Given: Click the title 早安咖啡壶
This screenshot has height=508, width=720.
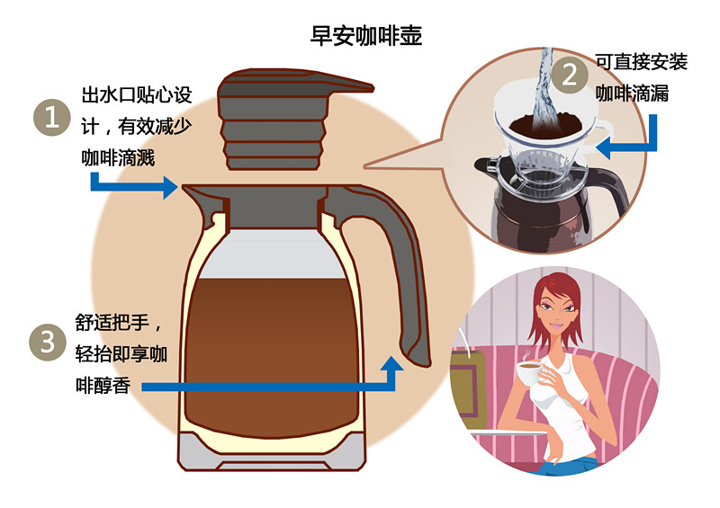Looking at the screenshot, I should coord(365,37).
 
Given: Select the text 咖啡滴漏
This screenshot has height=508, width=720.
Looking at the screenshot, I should coord(631,93).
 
